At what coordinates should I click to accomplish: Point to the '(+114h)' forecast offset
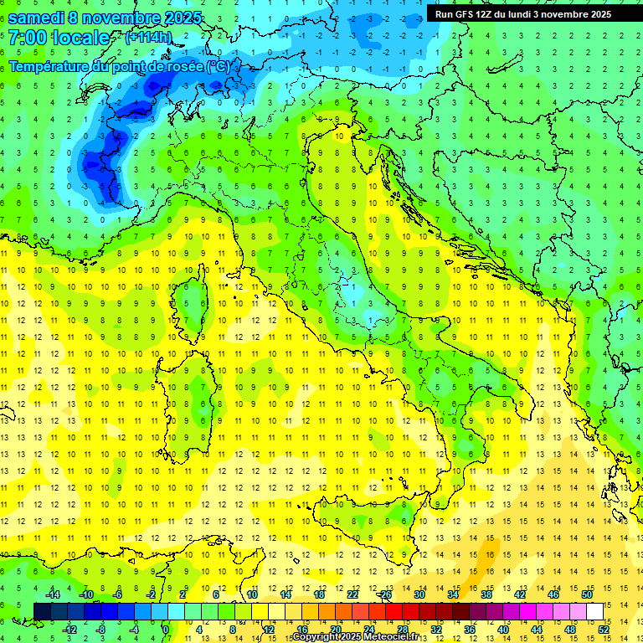(148, 38)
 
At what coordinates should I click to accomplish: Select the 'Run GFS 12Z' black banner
(523, 13)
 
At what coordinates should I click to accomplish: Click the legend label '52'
(604, 629)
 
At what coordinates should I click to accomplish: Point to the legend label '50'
(587, 594)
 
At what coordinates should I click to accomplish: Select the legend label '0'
(166, 629)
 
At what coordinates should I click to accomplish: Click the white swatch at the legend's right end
(594, 611)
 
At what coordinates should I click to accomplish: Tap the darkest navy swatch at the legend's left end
(42, 611)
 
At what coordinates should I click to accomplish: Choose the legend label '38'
(486, 594)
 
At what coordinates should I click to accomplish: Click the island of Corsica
(195, 301)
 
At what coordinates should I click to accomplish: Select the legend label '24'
(368, 629)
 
